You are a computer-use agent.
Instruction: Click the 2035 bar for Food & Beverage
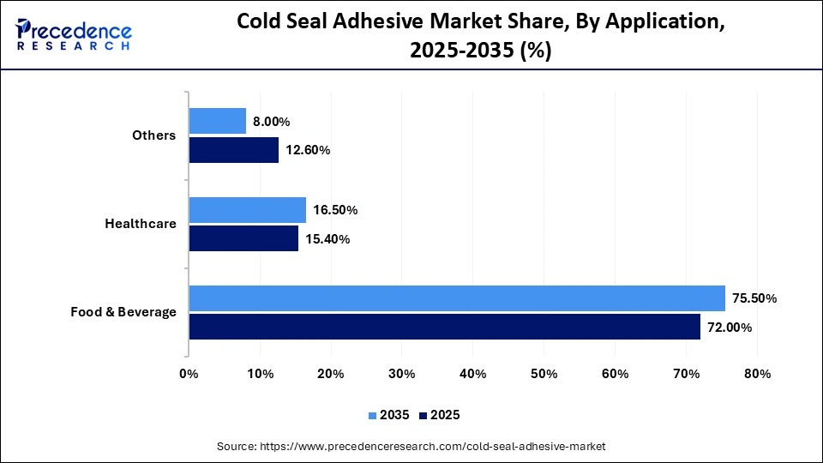[457, 298]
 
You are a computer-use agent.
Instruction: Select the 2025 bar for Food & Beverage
[444, 327]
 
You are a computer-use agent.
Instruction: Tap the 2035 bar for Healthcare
[247, 210]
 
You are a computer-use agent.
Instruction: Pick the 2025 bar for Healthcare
[243, 238]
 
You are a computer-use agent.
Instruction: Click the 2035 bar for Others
[217, 121]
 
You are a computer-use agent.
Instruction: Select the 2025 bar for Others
[233, 149]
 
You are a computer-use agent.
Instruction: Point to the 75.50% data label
[754, 298]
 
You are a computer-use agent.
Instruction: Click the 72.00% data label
[729, 327]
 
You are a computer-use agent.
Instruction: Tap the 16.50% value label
[335, 210]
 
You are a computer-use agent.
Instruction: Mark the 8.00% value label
[272, 122]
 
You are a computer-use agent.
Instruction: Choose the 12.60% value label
[307, 150]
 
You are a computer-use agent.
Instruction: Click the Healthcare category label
[141, 224]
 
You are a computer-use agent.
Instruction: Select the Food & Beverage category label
[123, 312]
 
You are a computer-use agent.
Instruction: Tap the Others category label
[154, 135]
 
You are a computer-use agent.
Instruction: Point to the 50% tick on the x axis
[544, 374]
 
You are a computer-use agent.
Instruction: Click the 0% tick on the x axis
[189, 374]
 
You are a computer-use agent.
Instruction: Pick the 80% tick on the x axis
[758, 374]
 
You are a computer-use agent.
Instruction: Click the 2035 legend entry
[390, 415]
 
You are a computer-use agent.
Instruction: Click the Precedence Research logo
[74, 34]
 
